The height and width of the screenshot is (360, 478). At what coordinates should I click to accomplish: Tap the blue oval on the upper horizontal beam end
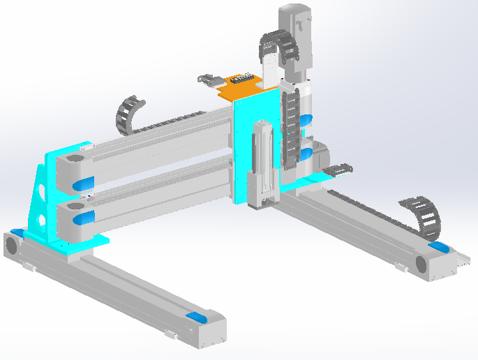(x=83, y=183)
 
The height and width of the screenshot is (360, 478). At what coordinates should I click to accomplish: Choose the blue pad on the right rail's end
(x=439, y=246)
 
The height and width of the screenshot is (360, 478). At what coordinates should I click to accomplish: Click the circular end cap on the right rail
(x=422, y=264)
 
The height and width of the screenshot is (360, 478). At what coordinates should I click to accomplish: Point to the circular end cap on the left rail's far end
(x=12, y=246)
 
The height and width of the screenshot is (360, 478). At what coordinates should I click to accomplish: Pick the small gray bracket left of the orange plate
(x=208, y=80)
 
